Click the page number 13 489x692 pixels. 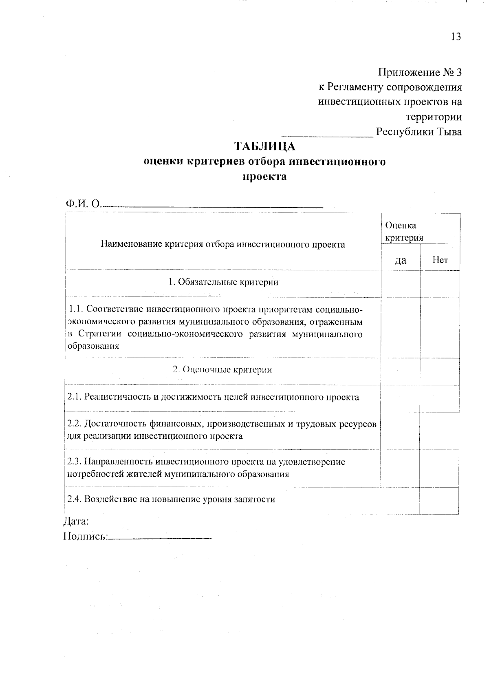[x=456, y=37]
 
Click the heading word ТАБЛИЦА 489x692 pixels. [x=264, y=146]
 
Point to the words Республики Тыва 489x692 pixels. [x=419, y=132]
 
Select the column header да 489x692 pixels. [x=401, y=260]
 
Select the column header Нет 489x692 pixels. [x=440, y=260]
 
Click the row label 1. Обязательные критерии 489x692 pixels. [x=223, y=282]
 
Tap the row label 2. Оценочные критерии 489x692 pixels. [x=222, y=370]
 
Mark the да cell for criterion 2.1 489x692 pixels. [x=400, y=398]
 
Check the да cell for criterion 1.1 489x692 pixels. [x=400, y=327]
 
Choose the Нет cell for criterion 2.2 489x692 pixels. [x=439, y=430]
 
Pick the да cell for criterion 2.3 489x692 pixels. [x=400, y=468]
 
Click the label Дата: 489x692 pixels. [x=76, y=521]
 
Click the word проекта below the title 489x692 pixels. [x=264, y=177]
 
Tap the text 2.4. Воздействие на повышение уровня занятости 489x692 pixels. [x=171, y=499]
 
